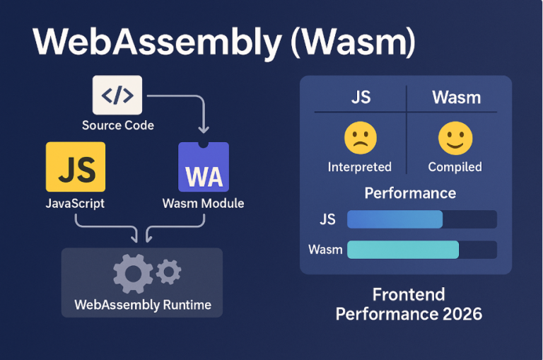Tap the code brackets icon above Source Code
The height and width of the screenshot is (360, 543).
117,95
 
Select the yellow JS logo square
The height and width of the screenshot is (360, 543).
76,166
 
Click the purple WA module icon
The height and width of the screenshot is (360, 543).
204,167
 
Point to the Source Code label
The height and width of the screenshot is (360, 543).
117,125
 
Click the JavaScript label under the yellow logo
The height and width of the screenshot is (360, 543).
75,203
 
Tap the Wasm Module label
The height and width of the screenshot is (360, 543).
203,203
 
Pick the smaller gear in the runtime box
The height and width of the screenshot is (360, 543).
168,271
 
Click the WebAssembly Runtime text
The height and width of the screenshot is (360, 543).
142,306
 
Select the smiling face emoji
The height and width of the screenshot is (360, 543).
455,139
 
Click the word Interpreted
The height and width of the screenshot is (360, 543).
359,167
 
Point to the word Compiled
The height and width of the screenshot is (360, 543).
455,167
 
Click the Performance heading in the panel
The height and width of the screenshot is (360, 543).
410,193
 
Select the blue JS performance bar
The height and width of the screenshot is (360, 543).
395,219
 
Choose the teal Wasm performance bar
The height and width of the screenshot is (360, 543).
403,250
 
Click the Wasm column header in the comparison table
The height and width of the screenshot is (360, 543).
456,97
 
